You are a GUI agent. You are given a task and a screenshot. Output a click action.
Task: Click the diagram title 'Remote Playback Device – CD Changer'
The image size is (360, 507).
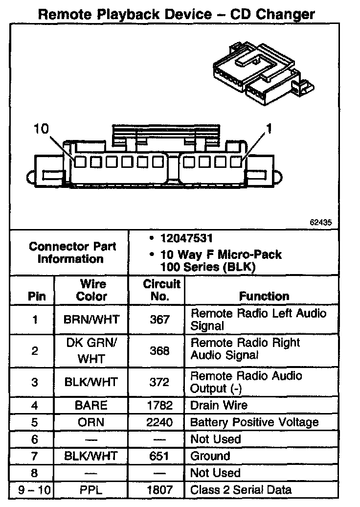pos(176,14)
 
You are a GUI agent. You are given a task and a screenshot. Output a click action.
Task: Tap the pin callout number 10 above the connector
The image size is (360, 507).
pos(42,129)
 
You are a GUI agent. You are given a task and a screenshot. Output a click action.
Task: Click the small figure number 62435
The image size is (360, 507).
pos(320,222)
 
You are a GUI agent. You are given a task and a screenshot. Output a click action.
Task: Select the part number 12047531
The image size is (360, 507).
pos(186,239)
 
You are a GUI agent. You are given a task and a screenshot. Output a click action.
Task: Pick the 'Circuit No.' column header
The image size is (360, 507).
pos(161,290)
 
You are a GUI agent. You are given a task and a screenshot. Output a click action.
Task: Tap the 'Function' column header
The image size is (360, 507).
pos(264,296)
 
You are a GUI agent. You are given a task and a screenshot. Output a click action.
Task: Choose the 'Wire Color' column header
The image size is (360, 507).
pos(92,290)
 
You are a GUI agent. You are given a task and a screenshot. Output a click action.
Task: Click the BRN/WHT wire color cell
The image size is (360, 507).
pos(91,320)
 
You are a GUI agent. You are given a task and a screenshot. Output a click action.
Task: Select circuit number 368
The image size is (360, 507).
pos(159,351)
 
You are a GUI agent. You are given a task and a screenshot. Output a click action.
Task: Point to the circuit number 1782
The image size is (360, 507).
pos(159,405)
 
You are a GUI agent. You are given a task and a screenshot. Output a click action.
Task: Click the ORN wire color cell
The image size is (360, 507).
pos(91,422)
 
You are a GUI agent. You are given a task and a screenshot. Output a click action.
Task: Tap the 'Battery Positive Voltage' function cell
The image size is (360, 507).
pos(261,422)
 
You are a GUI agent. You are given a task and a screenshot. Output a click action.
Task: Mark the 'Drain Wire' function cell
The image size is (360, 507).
pos(219,405)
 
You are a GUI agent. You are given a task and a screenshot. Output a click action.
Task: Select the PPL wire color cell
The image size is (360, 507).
pos(91,490)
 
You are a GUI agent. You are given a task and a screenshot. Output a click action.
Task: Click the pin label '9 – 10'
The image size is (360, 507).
pos(34,490)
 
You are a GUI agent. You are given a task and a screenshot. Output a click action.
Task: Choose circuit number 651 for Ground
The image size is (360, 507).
pos(159,456)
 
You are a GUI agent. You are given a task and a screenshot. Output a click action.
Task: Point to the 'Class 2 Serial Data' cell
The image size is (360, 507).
pos(241,490)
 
